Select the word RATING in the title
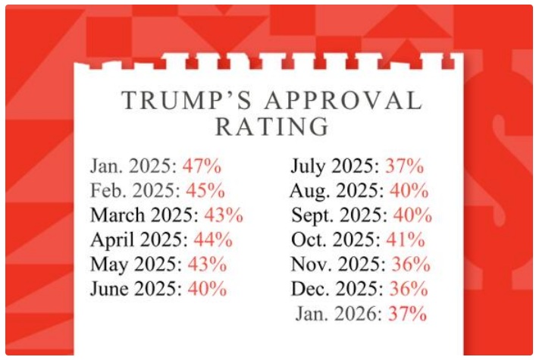271,126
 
